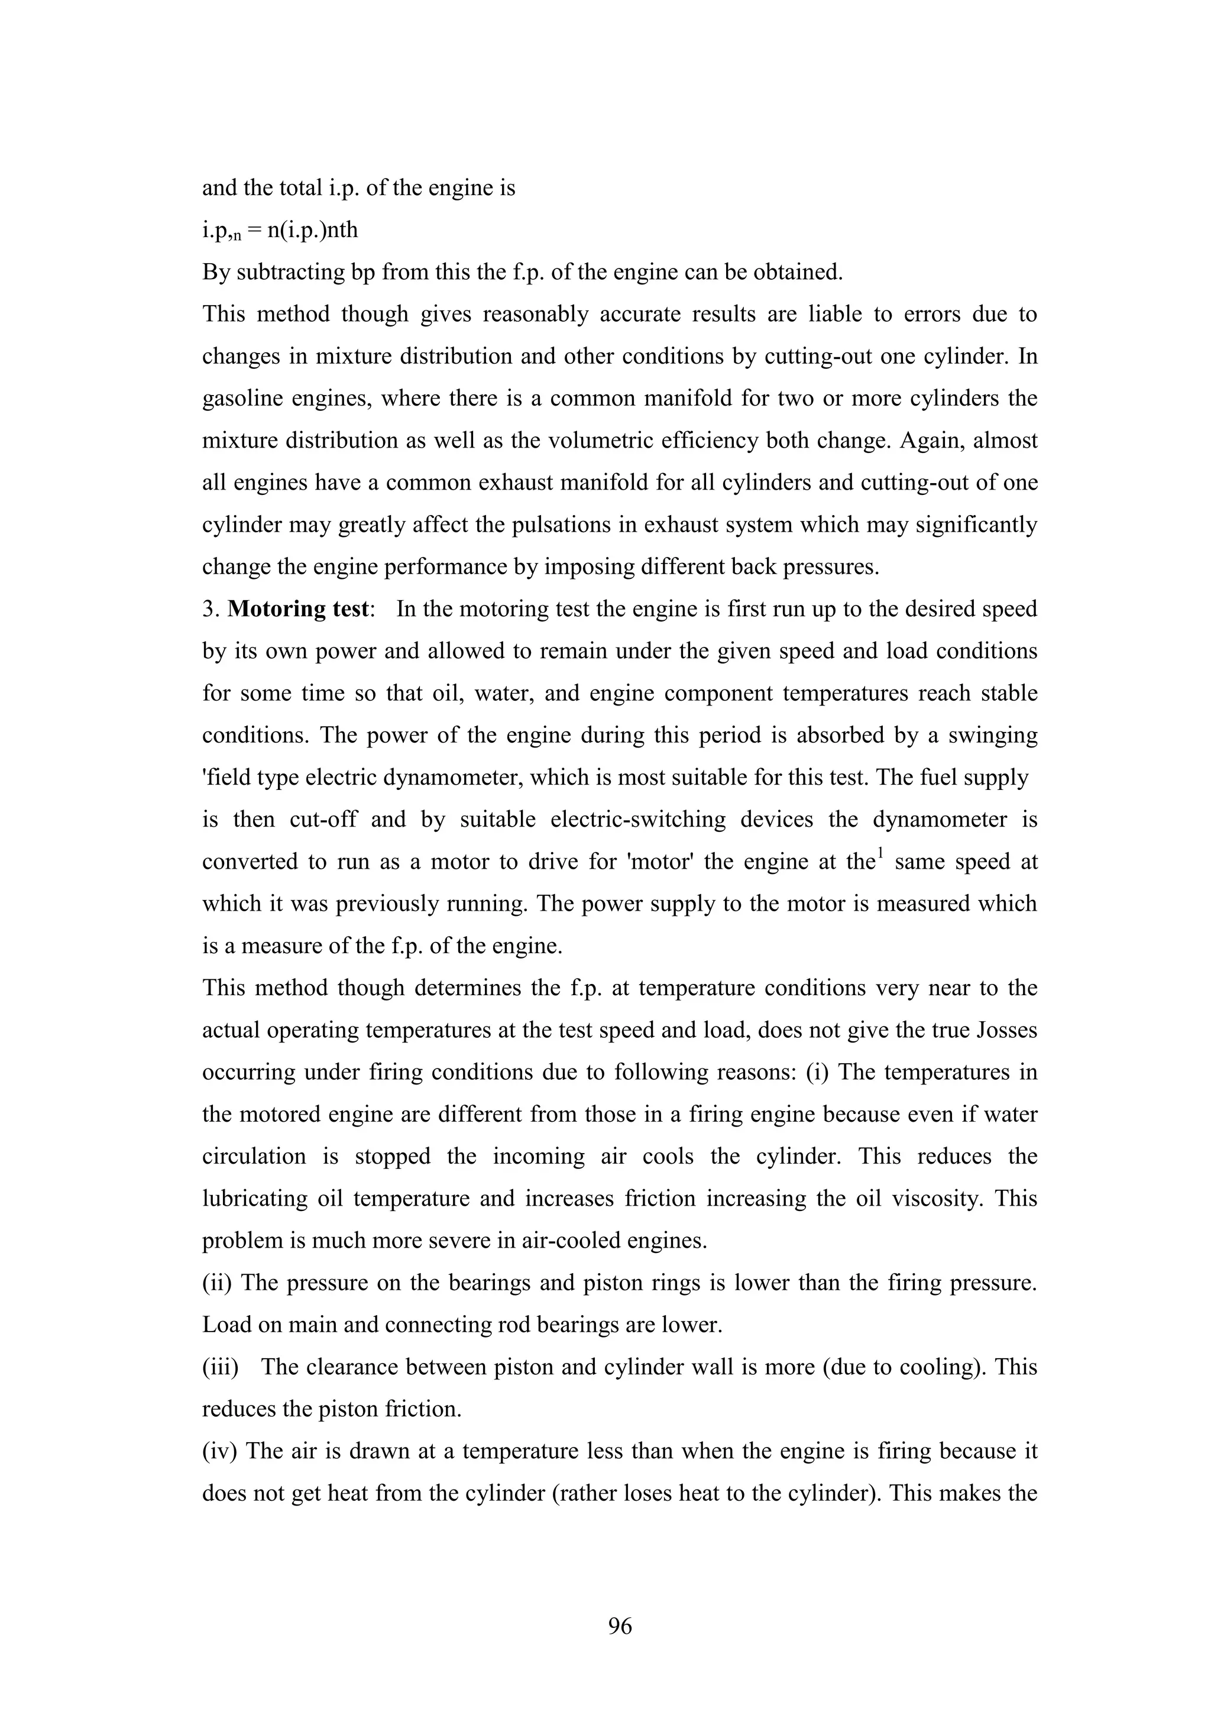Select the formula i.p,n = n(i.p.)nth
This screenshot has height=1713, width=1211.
coord(280,231)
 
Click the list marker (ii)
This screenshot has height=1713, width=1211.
coord(217,1283)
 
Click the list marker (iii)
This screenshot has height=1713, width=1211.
coord(220,1367)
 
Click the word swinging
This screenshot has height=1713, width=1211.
coord(992,736)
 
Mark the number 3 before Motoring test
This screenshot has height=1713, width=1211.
coord(208,609)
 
